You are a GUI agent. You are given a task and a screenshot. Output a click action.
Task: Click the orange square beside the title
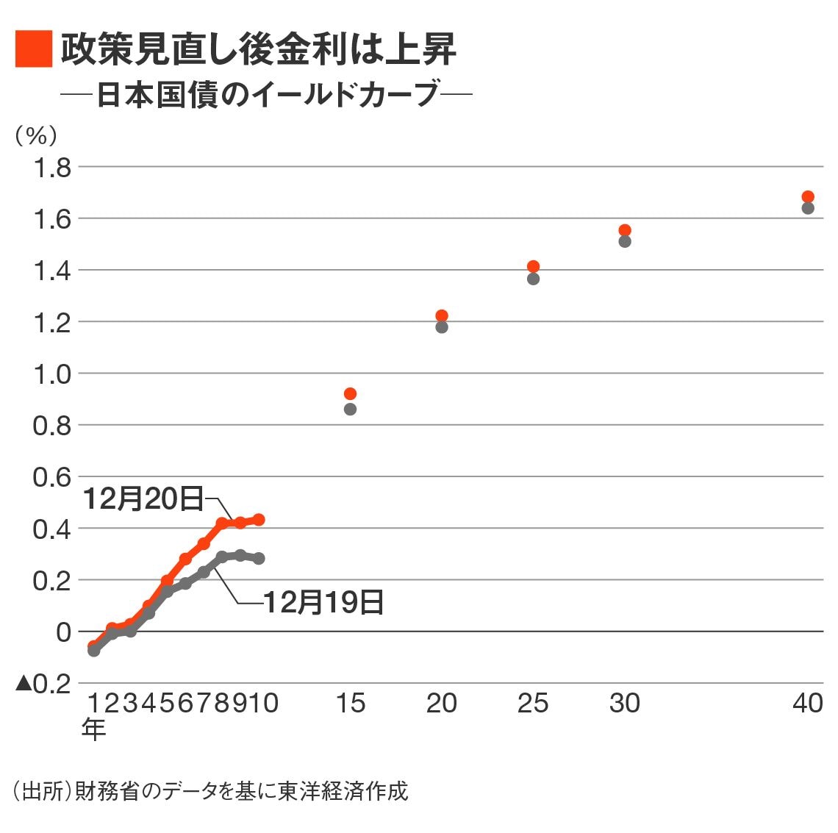[x=34, y=49]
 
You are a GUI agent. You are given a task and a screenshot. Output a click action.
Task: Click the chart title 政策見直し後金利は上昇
[x=258, y=49]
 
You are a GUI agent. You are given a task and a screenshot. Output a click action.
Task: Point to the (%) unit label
[x=36, y=135]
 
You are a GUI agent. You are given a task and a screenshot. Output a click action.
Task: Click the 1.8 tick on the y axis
[x=52, y=168]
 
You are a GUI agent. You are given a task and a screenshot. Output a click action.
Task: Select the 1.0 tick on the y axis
[x=52, y=373]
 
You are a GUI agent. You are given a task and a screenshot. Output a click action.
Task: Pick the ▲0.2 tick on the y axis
[x=44, y=683]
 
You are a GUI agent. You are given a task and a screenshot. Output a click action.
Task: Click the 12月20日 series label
[x=143, y=498]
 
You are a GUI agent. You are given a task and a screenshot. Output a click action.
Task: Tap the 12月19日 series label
[x=323, y=602]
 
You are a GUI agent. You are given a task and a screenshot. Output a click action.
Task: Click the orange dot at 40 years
[x=808, y=196]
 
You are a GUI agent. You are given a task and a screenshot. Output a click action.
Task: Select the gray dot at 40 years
[x=808, y=208]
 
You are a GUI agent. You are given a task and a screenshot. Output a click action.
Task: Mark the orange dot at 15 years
[x=350, y=393]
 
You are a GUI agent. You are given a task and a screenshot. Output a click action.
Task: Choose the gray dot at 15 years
[x=350, y=409]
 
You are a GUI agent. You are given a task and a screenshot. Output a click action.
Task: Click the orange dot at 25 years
[x=533, y=266]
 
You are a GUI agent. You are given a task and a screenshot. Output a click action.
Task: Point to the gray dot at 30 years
[x=625, y=241]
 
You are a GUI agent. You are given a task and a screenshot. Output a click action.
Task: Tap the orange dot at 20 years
[x=442, y=315]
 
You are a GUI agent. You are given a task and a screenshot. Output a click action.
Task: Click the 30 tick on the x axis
[x=625, y=704]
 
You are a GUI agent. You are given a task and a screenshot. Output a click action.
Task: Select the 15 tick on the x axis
[x=350, y=704]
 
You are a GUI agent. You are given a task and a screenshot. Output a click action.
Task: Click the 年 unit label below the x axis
[x=94, y=729]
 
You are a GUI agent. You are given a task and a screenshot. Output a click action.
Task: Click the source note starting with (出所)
[x=210, y=791]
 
